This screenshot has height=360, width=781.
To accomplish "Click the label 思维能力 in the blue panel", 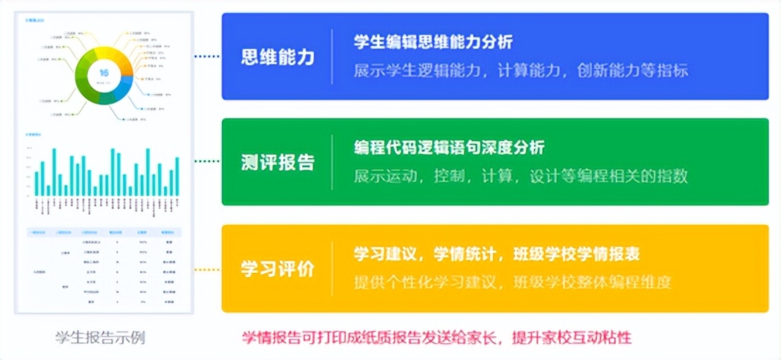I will coord(278,57).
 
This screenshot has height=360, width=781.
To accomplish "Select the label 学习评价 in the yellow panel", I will coord(278,269).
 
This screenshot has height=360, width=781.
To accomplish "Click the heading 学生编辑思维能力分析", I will coord(433,42).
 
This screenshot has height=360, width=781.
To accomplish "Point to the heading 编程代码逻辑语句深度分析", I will coord(449,148).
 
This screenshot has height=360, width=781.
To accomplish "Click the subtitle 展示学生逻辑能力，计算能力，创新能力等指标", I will coord(520,71).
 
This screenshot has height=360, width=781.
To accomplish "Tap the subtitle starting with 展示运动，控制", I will coord(520,176).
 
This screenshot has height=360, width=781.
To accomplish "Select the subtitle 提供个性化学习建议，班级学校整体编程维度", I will coord(512,282).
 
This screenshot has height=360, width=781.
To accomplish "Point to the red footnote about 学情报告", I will coord(436,337).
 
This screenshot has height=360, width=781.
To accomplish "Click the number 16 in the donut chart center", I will coord(104,73).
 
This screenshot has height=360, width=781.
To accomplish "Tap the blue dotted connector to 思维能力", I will coord(207,56).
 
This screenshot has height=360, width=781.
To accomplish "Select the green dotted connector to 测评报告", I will coord(207,162).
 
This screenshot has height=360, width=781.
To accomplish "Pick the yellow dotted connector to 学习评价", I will coord(207,269).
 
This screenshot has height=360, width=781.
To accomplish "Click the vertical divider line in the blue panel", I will coord(332,57).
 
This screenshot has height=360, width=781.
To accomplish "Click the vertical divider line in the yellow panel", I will coord(332,269).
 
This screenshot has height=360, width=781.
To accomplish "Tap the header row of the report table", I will coord(104,232).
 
